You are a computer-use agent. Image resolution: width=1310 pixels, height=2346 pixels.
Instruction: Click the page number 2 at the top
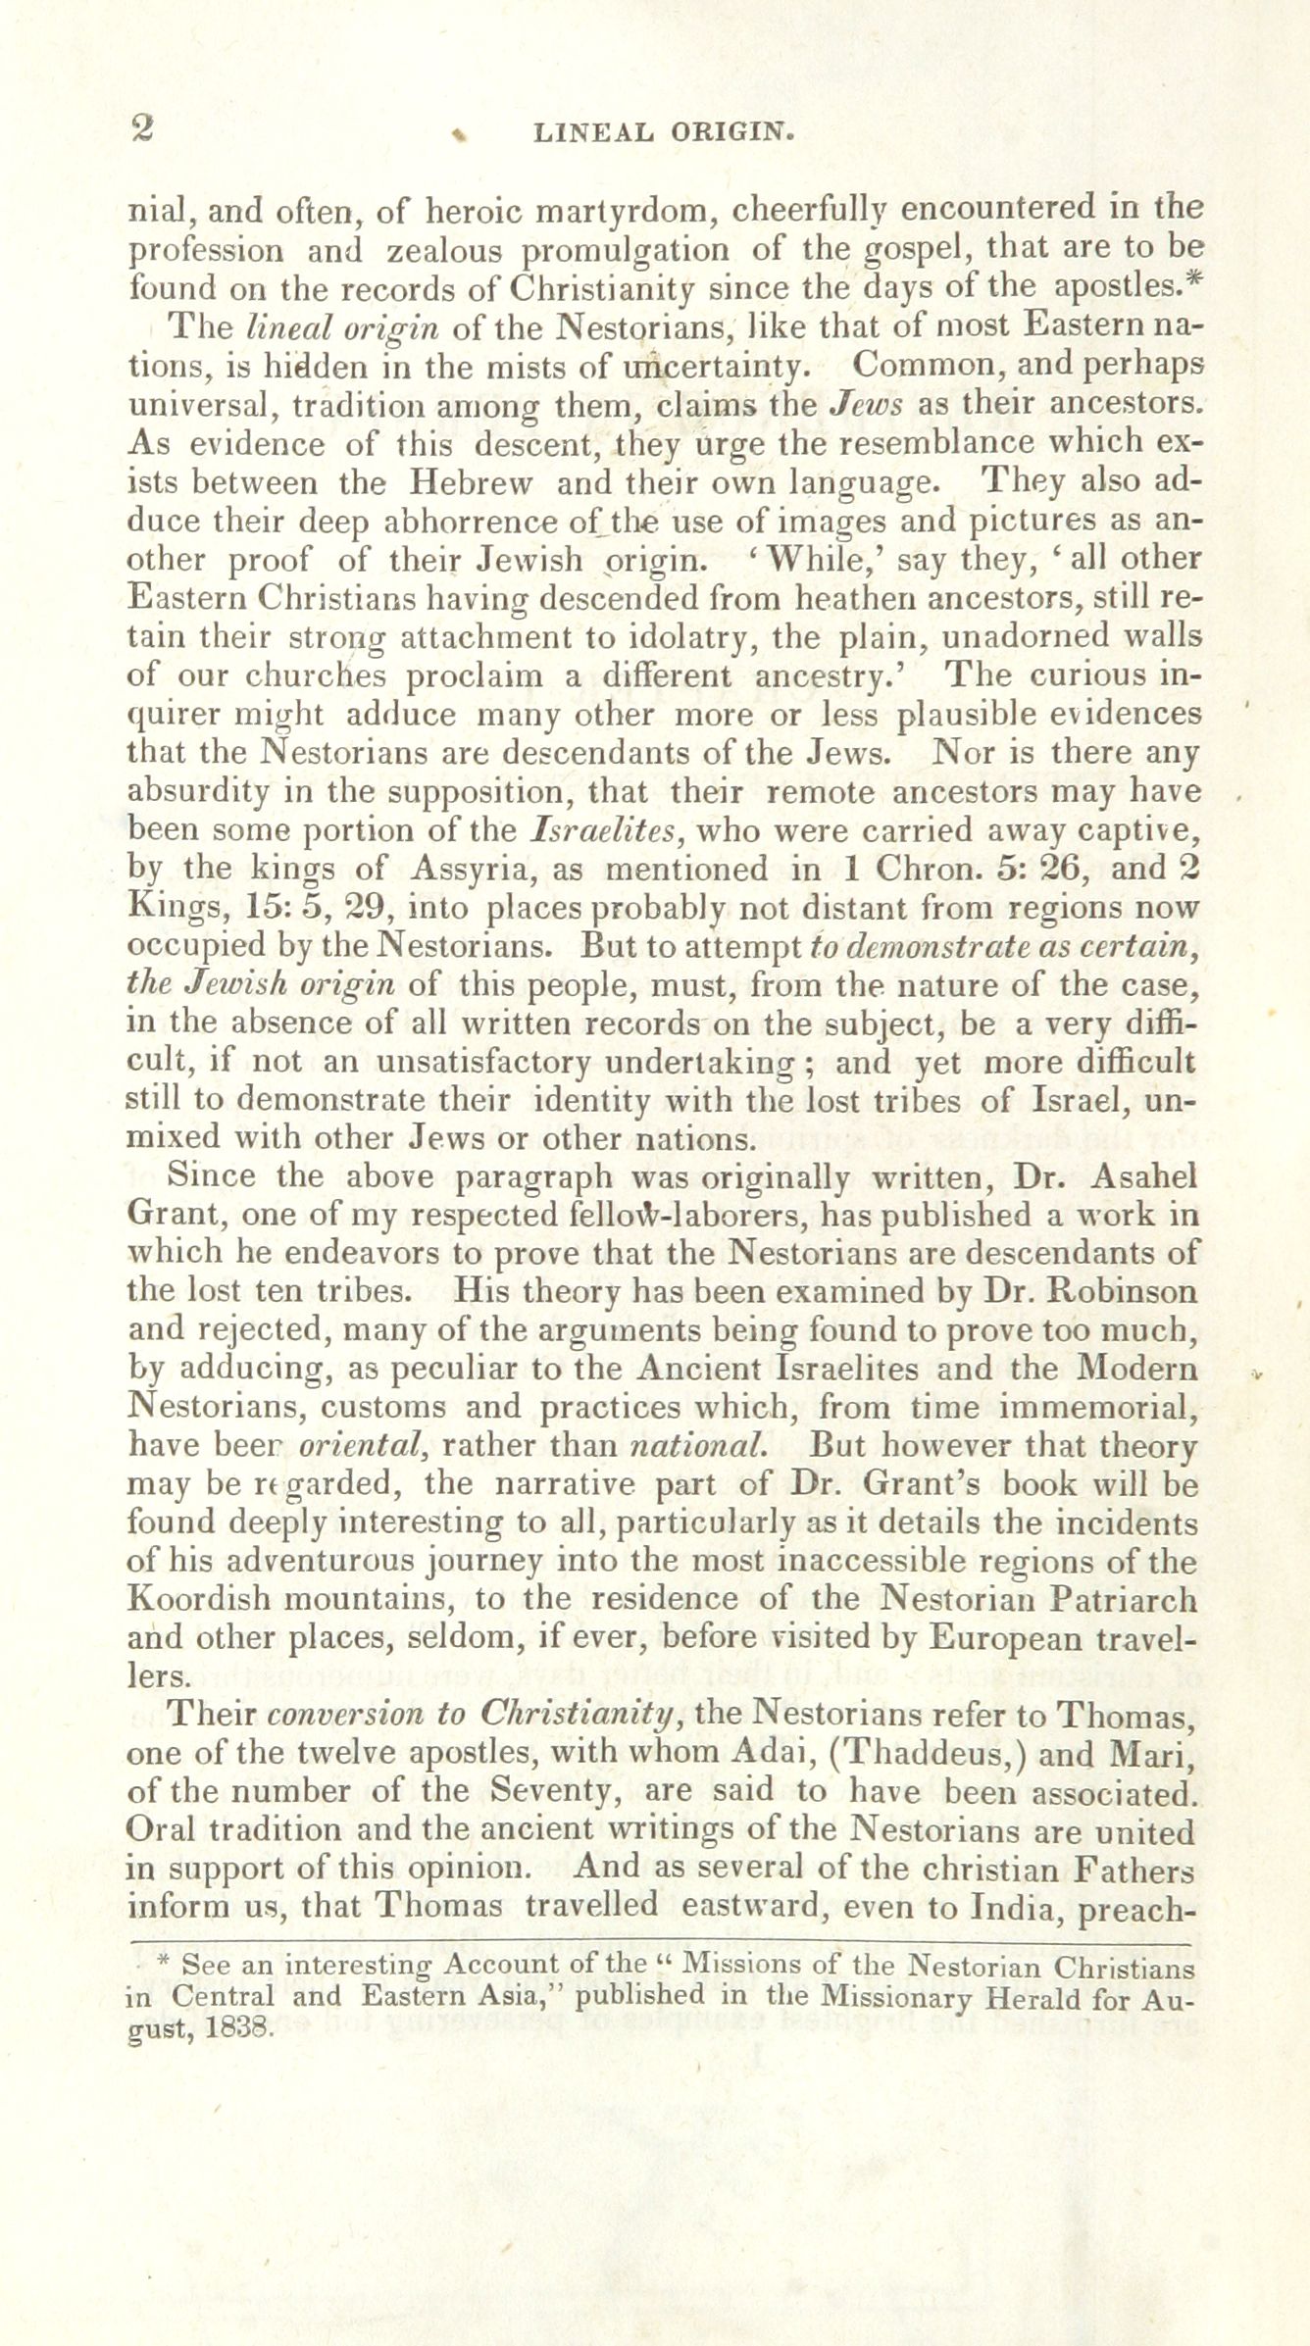tap(143, 129)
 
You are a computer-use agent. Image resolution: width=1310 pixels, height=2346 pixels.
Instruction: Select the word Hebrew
tap(472, 482)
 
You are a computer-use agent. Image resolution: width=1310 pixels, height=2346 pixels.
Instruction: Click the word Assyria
tap(479, 870)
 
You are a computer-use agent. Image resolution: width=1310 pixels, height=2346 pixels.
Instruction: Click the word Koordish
tap(198, 1600)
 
